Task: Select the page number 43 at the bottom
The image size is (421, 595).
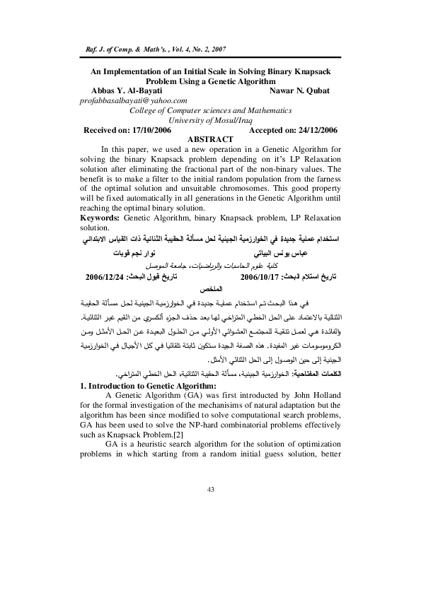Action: (210, 489)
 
